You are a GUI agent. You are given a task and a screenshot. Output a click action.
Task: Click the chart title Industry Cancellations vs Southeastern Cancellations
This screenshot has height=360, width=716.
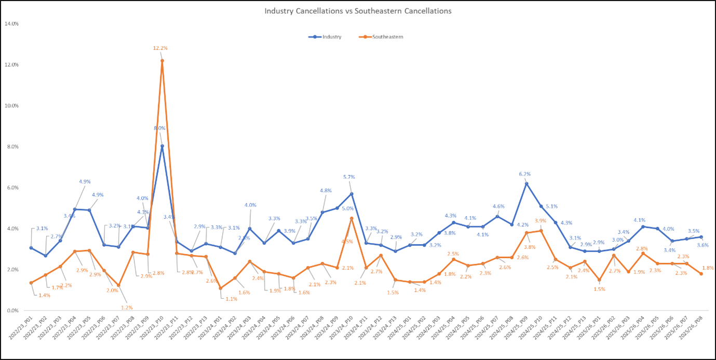tap(358, 11)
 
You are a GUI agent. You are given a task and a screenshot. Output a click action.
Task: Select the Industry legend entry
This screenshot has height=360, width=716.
tap(331, 37)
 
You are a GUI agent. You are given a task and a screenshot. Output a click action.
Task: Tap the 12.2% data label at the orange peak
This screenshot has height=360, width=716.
tap(160, 48)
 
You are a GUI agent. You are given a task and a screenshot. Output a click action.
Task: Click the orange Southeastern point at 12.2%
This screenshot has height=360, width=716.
tap(162, 61)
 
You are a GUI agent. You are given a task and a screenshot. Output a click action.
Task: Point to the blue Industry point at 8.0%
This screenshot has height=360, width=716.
tap(162, 146)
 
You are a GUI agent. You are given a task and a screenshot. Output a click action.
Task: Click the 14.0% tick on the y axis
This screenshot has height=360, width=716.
tap(12, 24)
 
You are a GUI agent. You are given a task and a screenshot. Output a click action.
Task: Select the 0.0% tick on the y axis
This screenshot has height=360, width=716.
tap(12, 311)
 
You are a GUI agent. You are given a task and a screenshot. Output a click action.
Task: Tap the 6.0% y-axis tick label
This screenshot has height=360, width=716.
tap(12, 188)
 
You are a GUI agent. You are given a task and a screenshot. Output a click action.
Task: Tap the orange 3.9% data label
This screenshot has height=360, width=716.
tap(540, 221)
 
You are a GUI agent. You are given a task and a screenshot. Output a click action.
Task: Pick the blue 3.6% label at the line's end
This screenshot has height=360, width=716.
tap(704, 245)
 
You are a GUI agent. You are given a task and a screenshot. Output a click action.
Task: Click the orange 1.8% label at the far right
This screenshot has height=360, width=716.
tap(708, 268)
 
